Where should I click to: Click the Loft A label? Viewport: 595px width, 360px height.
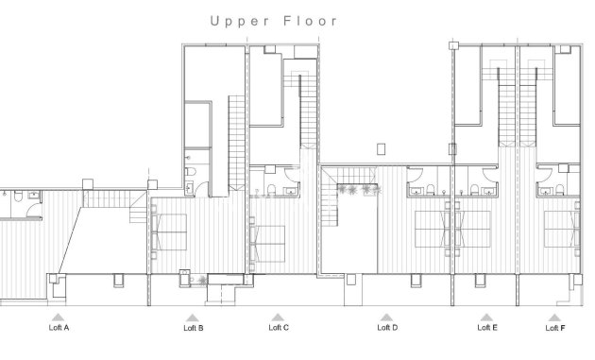tap(59, 329)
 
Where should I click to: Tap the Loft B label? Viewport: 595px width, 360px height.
tap(193, 329)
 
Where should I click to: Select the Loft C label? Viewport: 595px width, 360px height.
tap(279, 329)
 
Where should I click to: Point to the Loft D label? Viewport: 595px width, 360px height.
tap(387, 329)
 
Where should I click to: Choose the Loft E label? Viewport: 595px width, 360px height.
tap(487, 329)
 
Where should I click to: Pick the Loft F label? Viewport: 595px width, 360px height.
tap(555, 329)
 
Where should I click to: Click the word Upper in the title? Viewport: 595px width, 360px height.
tap(234, 20)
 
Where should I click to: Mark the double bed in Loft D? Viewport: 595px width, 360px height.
tap(435, 230)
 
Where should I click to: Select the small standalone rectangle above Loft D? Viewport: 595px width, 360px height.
tap(381, 148)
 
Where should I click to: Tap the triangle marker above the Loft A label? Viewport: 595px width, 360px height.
tap(59, 317)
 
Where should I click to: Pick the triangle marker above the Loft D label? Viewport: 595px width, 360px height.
tap(386, 317)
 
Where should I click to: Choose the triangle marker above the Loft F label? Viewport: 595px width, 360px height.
tap(555, 317)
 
